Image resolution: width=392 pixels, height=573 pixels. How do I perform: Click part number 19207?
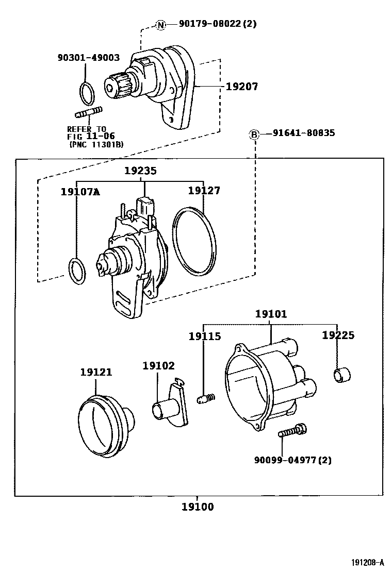242,87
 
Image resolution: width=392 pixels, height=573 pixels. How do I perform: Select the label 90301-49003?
88,58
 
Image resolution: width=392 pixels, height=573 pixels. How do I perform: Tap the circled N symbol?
161,24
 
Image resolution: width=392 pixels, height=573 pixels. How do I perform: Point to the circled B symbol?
255,134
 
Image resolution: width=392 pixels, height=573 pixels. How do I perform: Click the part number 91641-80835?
304,133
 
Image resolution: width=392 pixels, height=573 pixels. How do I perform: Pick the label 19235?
140,171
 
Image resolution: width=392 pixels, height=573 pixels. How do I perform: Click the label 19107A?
80,192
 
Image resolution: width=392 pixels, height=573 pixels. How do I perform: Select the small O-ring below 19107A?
77,271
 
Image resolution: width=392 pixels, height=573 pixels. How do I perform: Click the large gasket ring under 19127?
193,241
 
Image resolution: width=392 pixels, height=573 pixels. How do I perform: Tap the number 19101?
271,314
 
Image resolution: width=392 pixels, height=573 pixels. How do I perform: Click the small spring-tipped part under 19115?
206,398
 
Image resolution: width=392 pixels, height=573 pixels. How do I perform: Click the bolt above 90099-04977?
292,431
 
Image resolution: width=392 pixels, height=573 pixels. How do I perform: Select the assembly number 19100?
198,507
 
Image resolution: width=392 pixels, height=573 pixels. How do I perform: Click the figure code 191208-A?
367,562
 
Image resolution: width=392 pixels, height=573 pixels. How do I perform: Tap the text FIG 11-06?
91,137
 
